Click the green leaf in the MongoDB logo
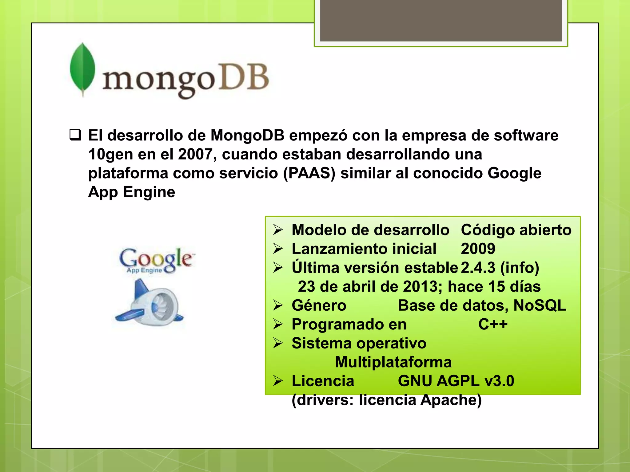click(82, 69)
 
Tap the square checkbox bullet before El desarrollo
click(75, 135)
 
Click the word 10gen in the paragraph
click(110, 154)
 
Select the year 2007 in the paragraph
click(195, 154)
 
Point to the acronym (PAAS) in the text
click(309, 173)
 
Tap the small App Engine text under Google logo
click(144, 270)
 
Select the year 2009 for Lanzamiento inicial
click(478, 249)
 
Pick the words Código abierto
click(516, 230)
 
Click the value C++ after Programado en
click(493, 324)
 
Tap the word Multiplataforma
click(393, 362)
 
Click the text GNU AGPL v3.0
click(456, 381)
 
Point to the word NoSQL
click(540, 305)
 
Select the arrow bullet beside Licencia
click(278, 381)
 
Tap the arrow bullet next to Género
click(278, 305)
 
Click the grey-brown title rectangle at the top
click(441, 21)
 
